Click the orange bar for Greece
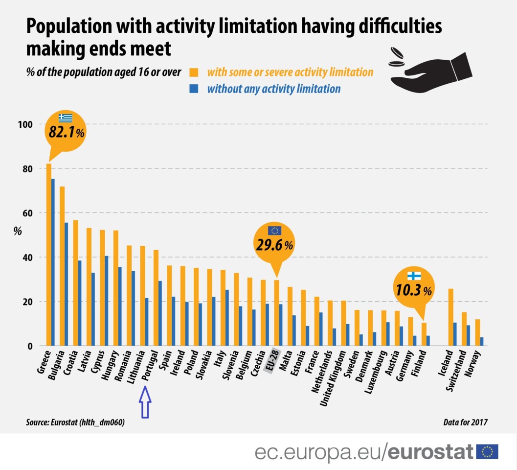[x=48, y=255]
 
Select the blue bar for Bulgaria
[x=66, y=284]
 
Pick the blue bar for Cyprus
[x=106, y=301]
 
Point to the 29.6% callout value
[x=273, y=245]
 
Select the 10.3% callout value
[x=413, y=290]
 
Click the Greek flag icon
[x=66, y=117]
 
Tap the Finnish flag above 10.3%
[x=414, y=276]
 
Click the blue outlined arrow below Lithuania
[x=145, y=401]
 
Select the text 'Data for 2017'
[x=465, y=422]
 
